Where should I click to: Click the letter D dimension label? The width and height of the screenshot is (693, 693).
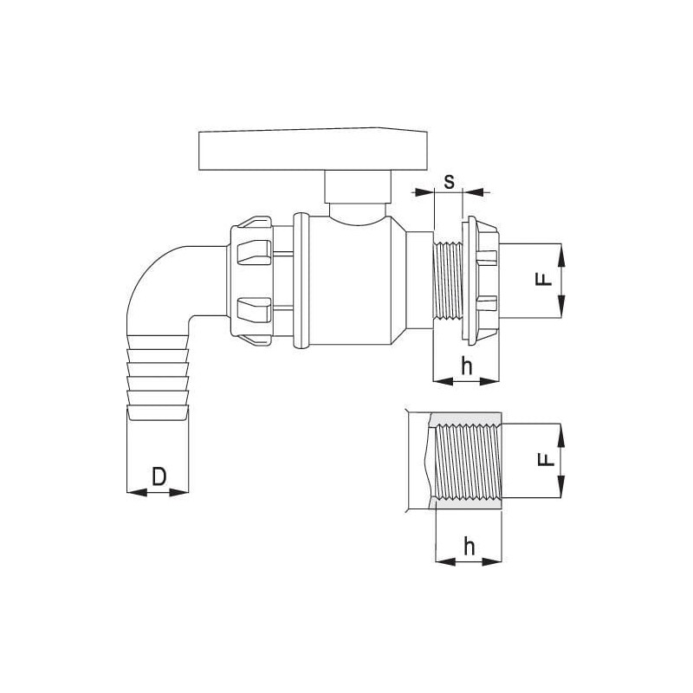pyautogui.click(x=159, y=476)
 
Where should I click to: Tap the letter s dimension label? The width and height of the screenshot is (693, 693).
pyautogui.click(x=449, y=181)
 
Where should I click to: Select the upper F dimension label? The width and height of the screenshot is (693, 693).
pyautogui.click(x=544, y=279)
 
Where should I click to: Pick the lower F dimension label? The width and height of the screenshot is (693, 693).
pyautogui.click(x=546, y=460)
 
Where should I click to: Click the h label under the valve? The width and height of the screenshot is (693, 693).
pyautogui.click(x=466, y=366)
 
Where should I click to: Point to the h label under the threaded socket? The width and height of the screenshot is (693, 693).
pyautogui.click(x=469, y=547)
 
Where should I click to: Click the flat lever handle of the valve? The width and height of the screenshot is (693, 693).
pyautogui.click(x=313, y=149)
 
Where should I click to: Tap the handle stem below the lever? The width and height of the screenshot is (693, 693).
pyautogui.click(x=358, y=187)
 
